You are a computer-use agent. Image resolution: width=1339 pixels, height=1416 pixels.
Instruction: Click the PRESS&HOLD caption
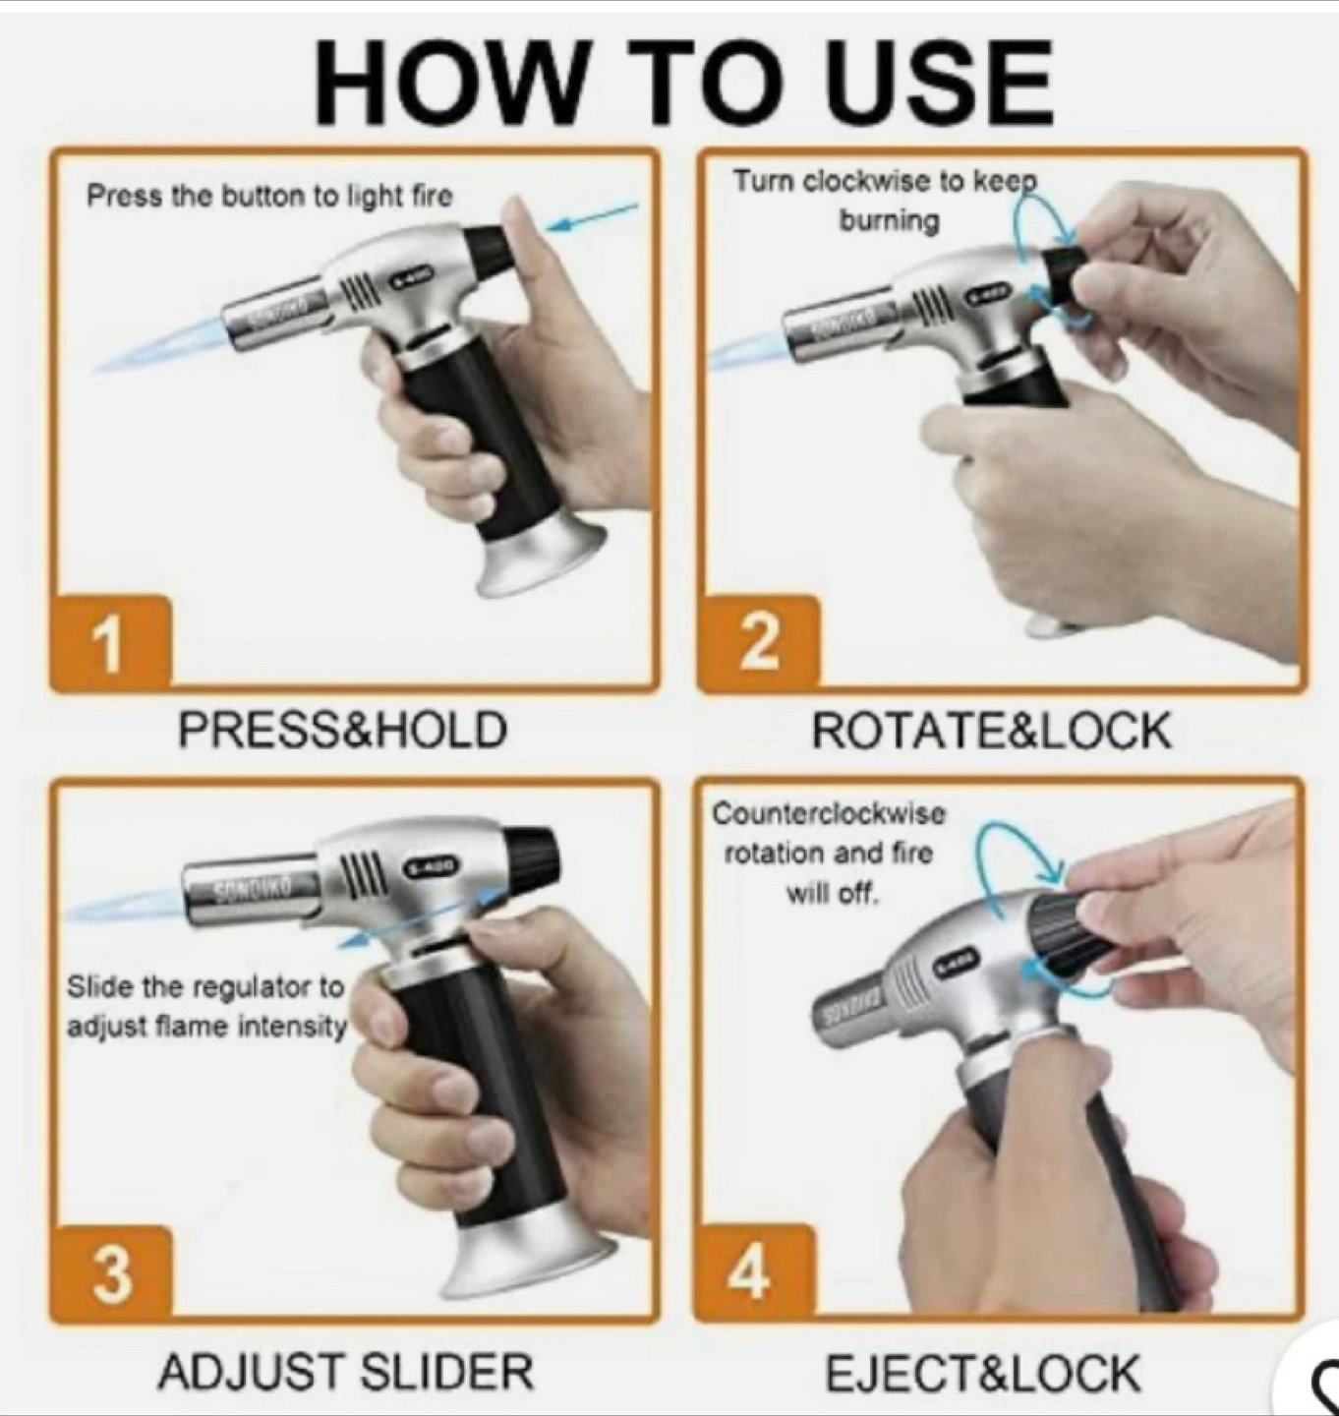coord(343,729)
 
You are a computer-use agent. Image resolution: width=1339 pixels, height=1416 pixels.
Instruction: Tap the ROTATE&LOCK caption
coord(991,731)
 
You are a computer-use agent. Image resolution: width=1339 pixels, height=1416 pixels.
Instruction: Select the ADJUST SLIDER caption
coord(346,1372)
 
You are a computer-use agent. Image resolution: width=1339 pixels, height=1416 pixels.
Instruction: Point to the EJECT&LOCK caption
coord(982,1373)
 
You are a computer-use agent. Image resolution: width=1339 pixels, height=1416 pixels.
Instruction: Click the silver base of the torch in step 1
coord(542,560)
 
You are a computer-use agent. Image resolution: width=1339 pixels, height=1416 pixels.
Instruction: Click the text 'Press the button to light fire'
coord(269,195)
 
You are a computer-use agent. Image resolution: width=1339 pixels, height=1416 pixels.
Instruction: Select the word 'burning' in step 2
coord(890,220)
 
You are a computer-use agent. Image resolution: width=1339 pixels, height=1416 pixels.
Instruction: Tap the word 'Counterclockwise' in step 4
coord(829,814)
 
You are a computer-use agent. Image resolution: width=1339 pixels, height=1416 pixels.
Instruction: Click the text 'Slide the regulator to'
coord(206,986)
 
